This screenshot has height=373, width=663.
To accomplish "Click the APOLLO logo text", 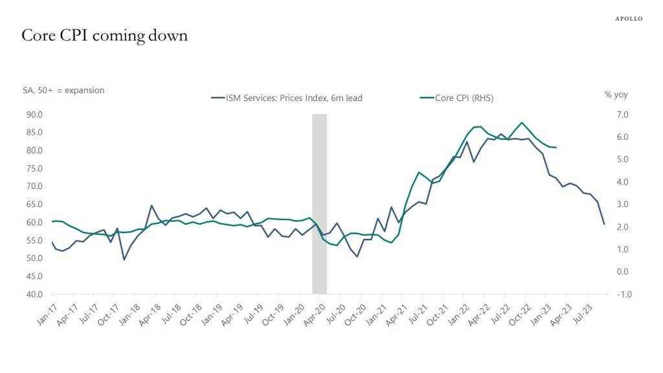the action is point(629,19).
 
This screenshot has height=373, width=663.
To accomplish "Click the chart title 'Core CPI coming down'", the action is point(104,36).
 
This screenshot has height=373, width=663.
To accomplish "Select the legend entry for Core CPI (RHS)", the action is point(456,98).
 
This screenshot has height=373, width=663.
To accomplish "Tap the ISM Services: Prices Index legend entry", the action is point(287,98).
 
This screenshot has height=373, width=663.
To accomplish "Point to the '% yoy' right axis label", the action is point(616,95).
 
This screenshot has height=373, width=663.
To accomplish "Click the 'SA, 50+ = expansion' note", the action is point(63,90).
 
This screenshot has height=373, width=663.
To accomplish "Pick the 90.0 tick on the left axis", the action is point(34,115).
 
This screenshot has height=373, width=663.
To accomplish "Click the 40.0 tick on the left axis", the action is point(34,294).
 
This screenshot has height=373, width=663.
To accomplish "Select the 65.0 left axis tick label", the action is point(34,204).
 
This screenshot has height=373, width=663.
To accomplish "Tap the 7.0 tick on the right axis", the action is point(622,115).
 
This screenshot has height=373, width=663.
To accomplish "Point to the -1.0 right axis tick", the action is point(624,294).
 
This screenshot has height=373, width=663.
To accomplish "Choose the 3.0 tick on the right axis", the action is point(622,204).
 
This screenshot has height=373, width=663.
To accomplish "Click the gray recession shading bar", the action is point(319,204).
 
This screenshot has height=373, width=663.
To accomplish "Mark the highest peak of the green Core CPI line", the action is point(522,122).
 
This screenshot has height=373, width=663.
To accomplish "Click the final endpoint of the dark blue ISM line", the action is point(604,224).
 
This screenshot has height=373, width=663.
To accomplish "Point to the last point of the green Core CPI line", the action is point(556,147).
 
